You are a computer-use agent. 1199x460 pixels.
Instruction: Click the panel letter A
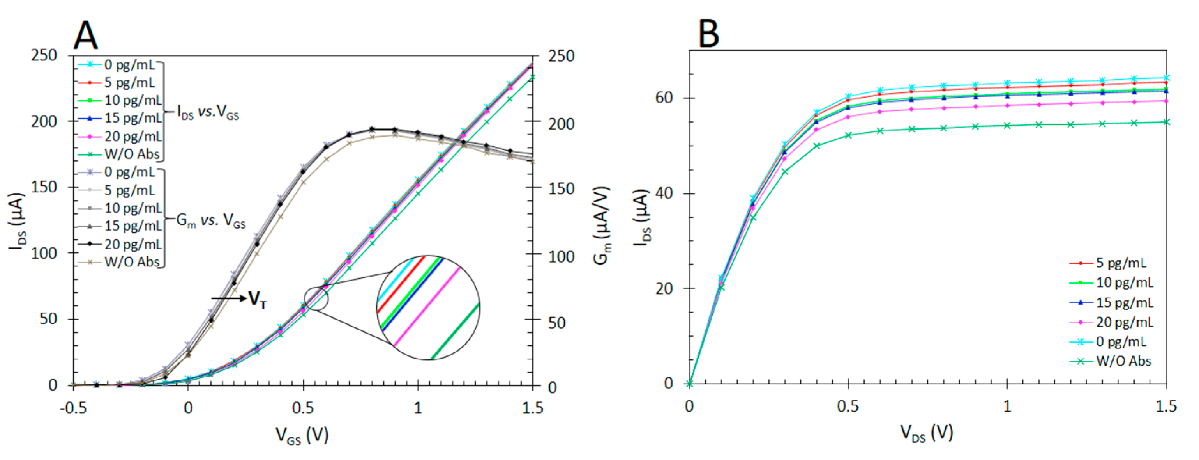(x=86, y=36)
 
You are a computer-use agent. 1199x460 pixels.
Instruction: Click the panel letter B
(x=708, y=34)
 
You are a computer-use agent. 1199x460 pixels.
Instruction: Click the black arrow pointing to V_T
(x=228, y=298)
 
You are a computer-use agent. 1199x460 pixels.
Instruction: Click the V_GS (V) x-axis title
(x=302, y=435)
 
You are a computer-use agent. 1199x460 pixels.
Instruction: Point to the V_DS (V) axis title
(x=926, y=433)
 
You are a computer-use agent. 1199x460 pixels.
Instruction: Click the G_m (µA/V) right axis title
(x=602, y=226)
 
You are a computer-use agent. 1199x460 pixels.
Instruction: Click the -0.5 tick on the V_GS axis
(x=74, y=408)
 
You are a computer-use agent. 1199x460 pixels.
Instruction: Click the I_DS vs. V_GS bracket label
(x=208, y=112)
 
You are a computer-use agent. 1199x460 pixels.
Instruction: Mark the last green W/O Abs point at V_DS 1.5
(x=1166, y=122)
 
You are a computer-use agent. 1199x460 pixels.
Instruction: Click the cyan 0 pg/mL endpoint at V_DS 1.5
(x=1166, y=78)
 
